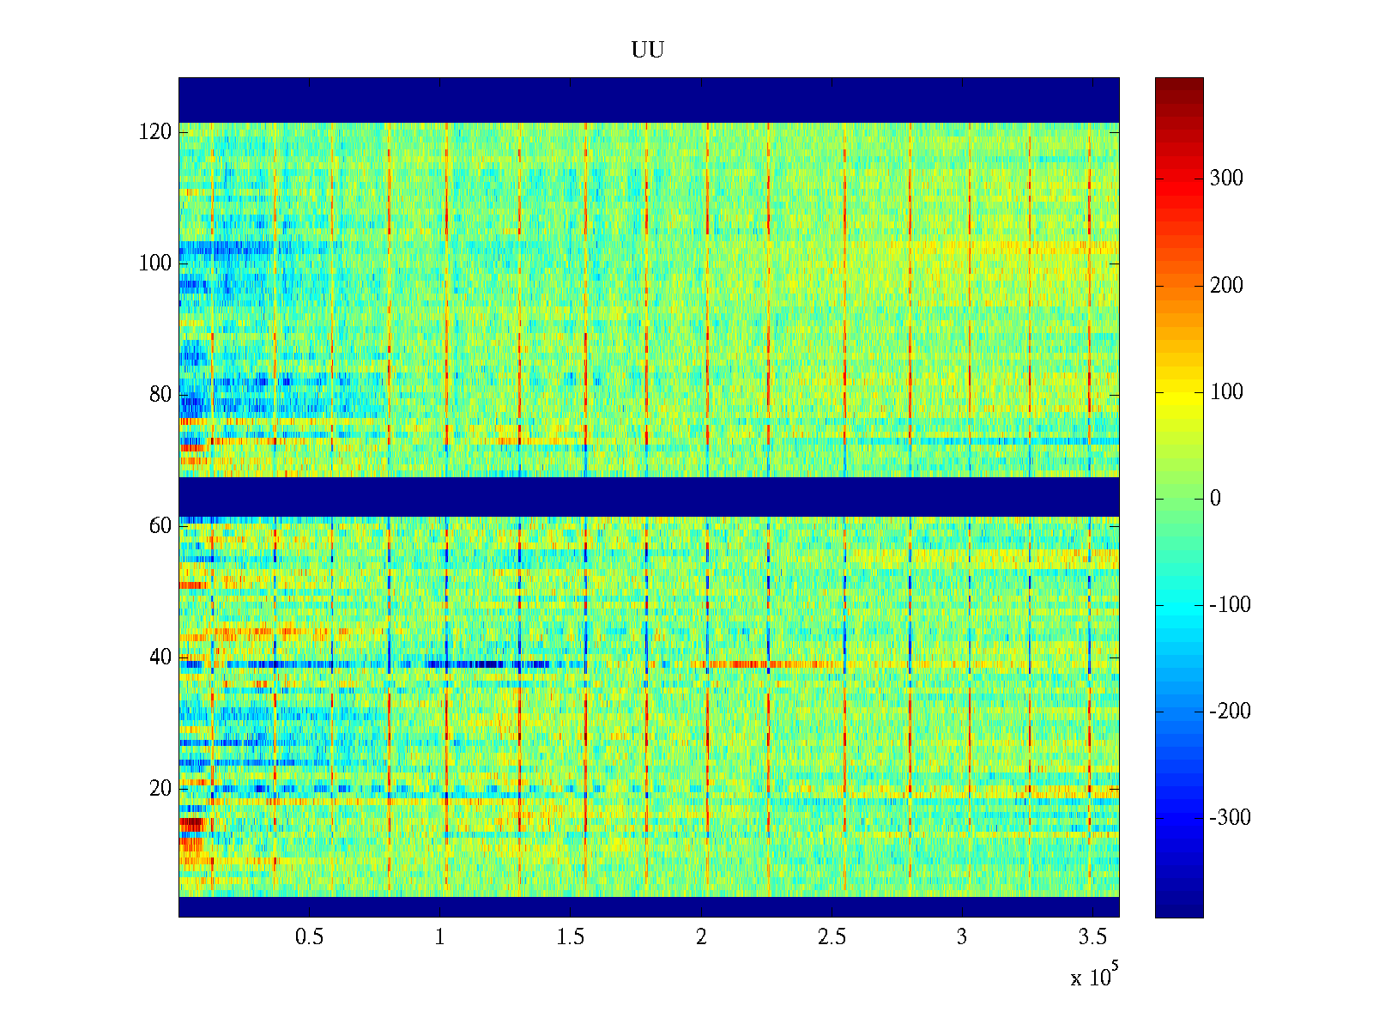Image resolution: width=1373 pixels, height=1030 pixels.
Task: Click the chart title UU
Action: pos(648,51)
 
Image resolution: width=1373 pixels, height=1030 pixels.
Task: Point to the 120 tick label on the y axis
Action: pos(155,132)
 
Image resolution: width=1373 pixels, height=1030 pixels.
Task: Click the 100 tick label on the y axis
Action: pos(155,264)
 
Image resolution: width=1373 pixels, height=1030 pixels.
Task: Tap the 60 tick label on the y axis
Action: pos(160,526)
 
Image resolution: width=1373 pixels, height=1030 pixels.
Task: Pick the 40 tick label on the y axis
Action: pos(160,657)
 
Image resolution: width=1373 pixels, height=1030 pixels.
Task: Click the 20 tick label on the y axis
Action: pos(160,789)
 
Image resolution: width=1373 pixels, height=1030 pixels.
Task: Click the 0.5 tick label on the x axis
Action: pos(310,937)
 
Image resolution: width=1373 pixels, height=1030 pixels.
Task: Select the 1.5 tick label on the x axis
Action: pos(571,937)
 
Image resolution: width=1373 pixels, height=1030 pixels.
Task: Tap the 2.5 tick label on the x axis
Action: pos(832,937)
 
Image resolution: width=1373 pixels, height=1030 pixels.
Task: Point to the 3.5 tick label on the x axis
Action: pos(1092,937)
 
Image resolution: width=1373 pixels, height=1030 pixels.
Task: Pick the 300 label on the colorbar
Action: pos(1226,179)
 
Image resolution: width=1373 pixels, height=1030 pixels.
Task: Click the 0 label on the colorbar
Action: pos(1215,499)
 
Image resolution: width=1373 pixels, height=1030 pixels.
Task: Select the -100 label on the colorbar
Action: pos(1231,605)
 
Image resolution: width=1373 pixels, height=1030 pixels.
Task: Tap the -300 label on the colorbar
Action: pos(1231,818)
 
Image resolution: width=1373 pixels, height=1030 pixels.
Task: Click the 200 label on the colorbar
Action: pos(1226,286)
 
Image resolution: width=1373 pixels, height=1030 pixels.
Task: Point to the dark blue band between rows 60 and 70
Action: pos(649,496)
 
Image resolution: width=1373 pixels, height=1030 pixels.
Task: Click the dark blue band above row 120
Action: pos(649,100)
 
